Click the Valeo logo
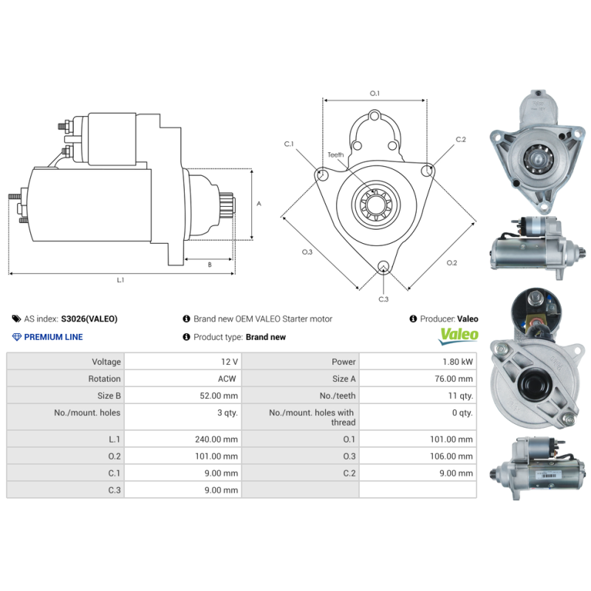coord(459,336)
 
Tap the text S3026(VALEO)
coord(89,319)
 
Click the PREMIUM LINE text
coord(53,337)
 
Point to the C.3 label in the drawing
coord(383,299)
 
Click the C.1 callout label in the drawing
coord(289,143)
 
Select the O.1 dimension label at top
coord(375,94)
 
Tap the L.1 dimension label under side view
coord(120,280)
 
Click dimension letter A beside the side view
coord(258,204)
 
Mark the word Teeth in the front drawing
coord(335,154)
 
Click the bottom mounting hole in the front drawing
coord(383,267)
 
